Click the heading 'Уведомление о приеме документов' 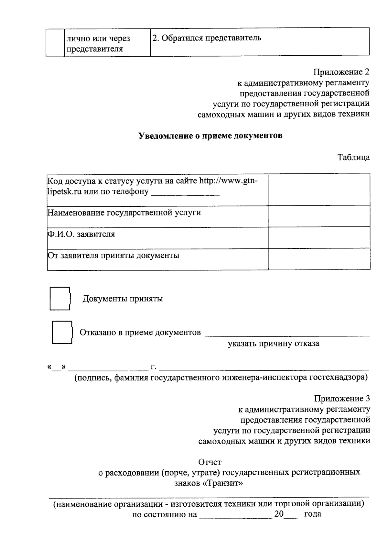210,136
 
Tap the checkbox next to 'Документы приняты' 60,299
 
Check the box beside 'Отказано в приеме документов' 62,332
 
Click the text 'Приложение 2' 341,72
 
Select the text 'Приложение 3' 342,399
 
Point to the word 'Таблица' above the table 354,158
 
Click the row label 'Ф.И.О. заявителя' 81,234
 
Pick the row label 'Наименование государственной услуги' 124,213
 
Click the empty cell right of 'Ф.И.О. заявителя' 319,237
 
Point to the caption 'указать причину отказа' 273,344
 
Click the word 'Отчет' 210,462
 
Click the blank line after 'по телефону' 185,193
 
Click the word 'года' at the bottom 313,514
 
